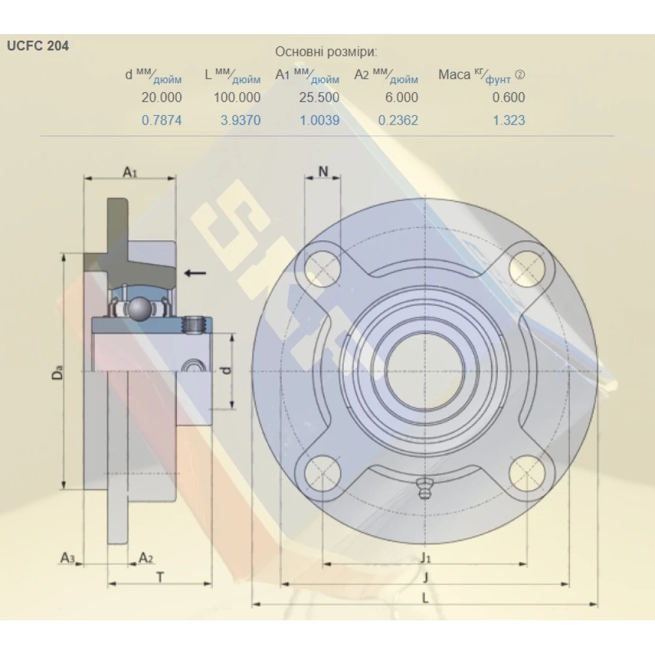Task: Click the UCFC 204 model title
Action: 37,47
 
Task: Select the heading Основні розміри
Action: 326,52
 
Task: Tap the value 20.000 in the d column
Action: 162,98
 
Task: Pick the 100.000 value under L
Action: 237,98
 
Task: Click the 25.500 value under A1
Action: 319,98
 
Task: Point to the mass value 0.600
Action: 508,98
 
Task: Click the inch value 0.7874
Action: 162,120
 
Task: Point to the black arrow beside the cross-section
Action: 195,272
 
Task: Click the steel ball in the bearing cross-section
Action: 139,309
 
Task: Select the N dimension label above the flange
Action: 323,172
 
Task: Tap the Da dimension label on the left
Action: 58,375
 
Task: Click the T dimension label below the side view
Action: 159,576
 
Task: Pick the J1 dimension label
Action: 426,557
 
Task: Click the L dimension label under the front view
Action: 425,597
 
